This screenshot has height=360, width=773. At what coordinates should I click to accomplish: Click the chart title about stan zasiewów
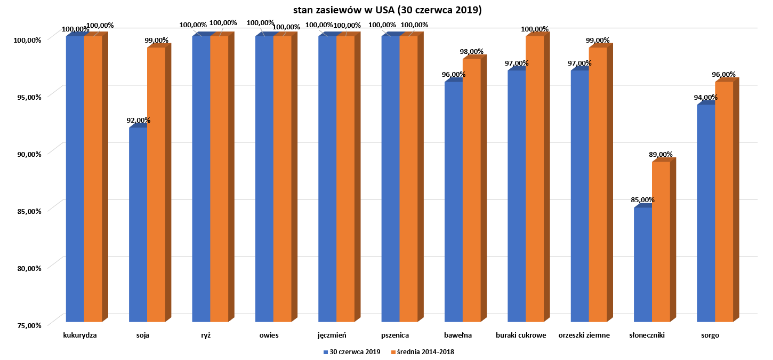pyautogui.click(x=387, y=11)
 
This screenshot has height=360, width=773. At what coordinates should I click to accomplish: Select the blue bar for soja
pyautogui.click(x=138, y=224)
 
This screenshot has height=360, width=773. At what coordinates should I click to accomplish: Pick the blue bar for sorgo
pyautogui.click(x=706, y=213)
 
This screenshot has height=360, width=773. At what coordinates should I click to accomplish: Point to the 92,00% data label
pyautogui.click(x=138, y=121)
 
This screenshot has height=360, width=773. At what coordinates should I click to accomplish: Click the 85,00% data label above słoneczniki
pyautogui.click(x=643, y=200)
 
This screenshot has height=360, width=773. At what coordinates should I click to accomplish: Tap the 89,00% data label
pyautogui.click(x=661, y=154)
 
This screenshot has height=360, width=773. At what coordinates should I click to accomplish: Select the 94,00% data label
pyautogui.click(x=706, y=98)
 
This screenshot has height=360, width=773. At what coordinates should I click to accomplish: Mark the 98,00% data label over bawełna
pyautogui.click(x=471, y=52)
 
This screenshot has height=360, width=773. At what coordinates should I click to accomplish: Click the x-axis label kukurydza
pyautogui.click(x=79, y=336)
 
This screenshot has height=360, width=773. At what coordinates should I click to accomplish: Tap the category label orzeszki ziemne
pyautogui.click(x=584, y=336)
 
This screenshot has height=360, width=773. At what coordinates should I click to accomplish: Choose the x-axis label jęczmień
pyautogui.click(x=332, y=336)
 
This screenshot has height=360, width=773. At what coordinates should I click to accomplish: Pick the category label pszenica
pyautogui.click(x=395, y=336)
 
